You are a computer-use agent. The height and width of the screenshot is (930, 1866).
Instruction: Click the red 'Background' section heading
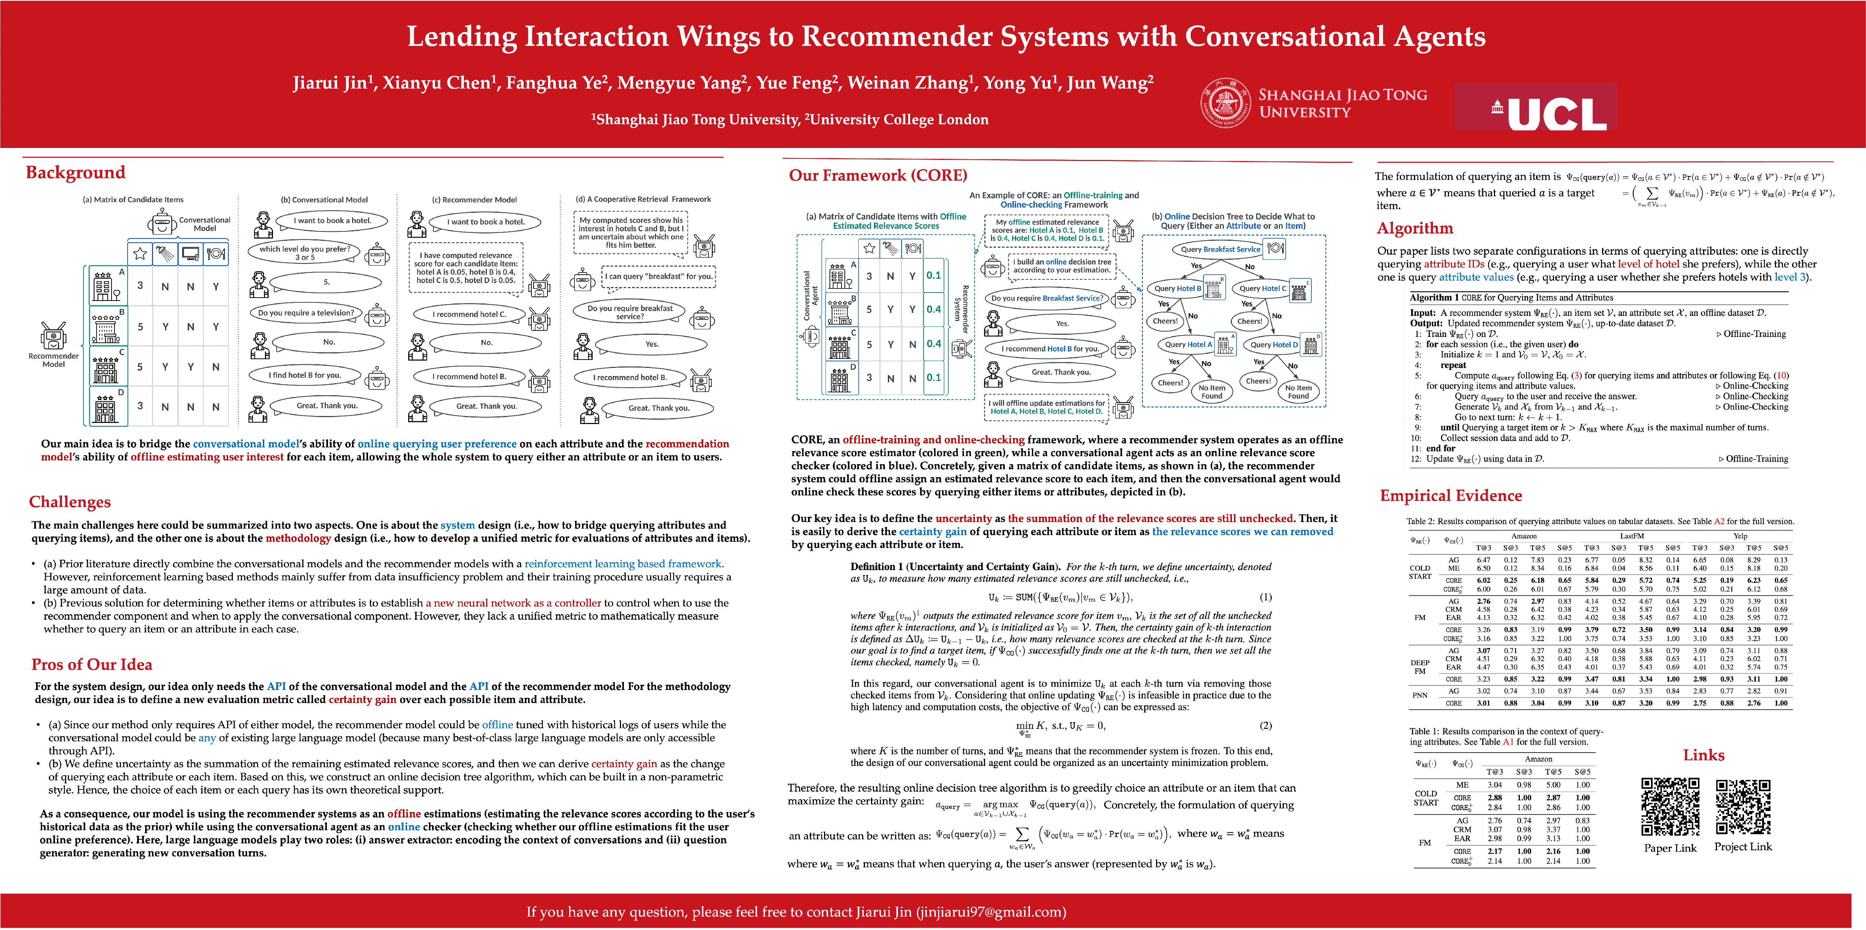[x=75, y=172]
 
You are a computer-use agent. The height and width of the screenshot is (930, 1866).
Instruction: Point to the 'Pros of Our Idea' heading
[x=91, y=664]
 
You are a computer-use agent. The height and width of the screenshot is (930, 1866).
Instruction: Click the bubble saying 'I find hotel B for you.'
[x=305, y=375]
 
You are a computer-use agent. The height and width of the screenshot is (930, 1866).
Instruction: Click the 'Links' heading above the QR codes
[x=1703, y=755]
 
